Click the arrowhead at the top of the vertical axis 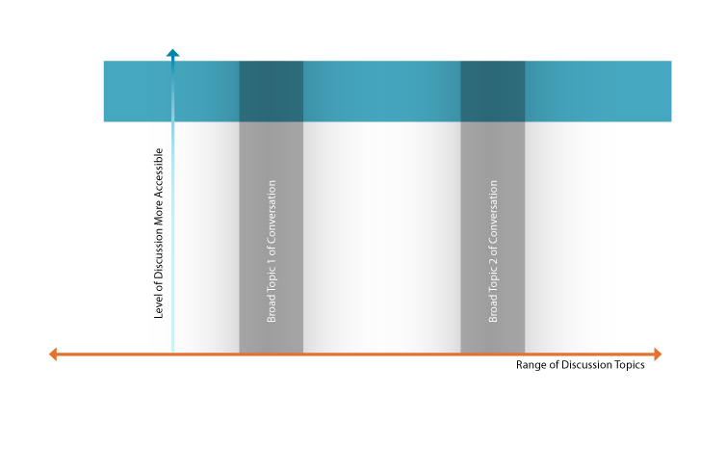172,54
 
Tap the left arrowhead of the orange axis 54,355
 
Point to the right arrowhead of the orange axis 658,355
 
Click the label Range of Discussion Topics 580,366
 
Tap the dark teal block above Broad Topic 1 271,92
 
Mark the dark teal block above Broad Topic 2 492,92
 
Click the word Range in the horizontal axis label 531,366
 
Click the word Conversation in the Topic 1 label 272,213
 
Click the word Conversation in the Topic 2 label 493,213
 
